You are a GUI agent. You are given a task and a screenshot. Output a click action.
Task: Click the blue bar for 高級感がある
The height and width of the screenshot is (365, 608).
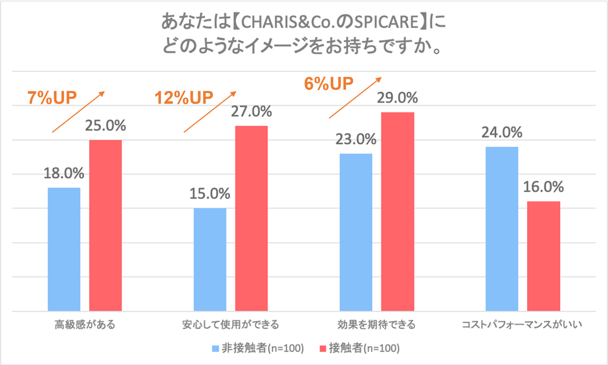point(64,249)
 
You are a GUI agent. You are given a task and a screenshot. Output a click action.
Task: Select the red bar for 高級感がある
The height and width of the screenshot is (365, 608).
point(105,225)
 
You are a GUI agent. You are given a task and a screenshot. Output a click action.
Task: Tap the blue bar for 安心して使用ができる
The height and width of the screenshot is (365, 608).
point(210,260)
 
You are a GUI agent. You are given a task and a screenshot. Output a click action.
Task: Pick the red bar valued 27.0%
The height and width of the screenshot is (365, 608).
point(251,218)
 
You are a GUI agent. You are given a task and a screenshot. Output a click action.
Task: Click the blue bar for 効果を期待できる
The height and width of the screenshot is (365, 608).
point(356,233)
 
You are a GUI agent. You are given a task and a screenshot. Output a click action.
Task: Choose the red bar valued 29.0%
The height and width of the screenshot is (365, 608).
point(397,212)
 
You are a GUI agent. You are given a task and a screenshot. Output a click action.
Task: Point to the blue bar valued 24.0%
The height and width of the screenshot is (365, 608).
point(502,229)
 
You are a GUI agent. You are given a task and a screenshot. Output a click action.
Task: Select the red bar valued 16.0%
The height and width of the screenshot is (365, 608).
point(543,256)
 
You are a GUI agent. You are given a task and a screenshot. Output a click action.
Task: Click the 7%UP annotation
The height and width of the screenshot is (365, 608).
point(52,98)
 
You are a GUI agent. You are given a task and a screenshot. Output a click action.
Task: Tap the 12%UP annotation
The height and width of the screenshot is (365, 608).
point(184,98)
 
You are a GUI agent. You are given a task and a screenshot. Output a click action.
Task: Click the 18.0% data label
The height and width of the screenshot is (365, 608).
point(64,173)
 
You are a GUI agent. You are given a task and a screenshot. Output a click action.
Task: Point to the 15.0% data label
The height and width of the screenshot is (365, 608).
point(210,194)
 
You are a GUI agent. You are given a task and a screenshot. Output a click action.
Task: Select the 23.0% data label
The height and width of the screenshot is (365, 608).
point(356,140)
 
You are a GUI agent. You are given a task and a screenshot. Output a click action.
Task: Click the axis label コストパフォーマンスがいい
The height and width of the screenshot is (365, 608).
point(523,324)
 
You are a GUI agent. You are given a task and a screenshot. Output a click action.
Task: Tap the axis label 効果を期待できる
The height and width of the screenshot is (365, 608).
point(376,324)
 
